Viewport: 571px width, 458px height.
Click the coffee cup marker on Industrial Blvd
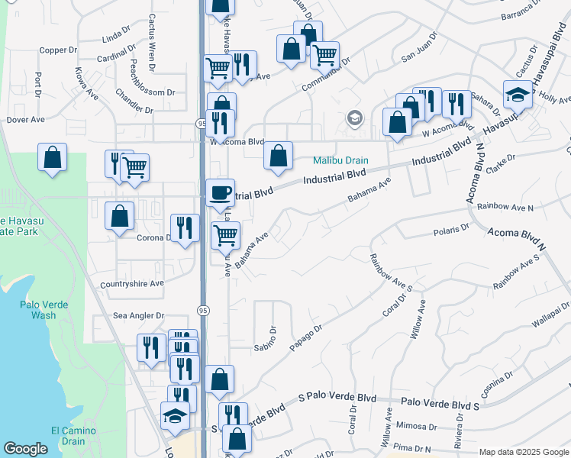coord(221,192)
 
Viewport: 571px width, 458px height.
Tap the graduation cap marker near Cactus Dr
coord(518,95)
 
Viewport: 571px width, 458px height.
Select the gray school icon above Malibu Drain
coord(353,118)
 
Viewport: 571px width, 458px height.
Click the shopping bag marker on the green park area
coord(52,157)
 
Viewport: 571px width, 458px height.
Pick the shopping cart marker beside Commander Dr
coord(325,55)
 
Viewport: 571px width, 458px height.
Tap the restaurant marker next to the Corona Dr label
coord(185,227)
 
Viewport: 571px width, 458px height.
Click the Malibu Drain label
coord(341,161)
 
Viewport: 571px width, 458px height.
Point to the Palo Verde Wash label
coord(44,310)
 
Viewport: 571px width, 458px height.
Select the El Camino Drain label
coord(73,436)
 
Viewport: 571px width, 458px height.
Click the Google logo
coord(25,449)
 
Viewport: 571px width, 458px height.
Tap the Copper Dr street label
coord(59,50)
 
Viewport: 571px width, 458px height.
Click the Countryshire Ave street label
coord(132,283)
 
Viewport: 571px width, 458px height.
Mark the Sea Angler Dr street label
coord(139,315)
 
